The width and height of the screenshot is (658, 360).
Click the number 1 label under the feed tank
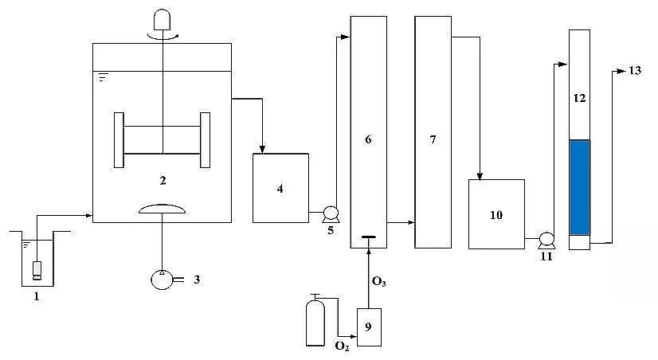37,296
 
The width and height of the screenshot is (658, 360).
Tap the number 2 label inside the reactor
163,181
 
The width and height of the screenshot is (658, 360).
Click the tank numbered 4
280,188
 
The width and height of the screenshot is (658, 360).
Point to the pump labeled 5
328,213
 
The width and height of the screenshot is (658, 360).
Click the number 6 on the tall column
368,139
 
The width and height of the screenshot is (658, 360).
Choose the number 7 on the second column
433,139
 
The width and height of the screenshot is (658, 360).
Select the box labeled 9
369,326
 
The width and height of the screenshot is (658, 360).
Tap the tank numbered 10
495,214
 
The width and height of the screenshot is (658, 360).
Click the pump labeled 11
546,238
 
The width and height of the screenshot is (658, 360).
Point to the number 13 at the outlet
634,71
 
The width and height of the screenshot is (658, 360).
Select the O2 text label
342,346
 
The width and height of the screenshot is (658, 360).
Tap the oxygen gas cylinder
315,323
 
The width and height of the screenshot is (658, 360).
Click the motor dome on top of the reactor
163,19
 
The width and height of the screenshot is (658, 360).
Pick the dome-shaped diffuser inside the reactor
163,209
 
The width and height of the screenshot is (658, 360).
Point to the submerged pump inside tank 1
37,270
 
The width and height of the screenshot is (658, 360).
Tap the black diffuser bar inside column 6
368,237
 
